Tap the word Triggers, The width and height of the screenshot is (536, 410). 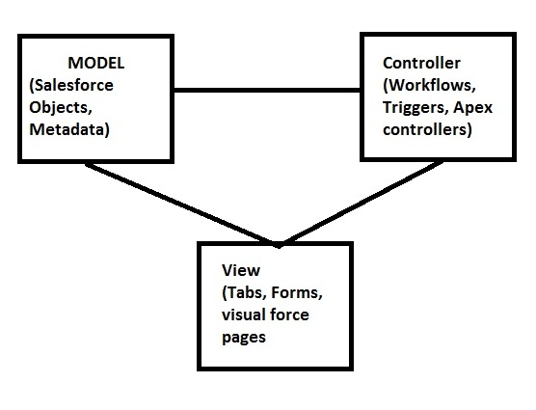tap(411, 108)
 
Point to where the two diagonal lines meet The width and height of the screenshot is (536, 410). tap(278, 243)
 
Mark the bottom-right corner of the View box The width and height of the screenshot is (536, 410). tap(350, 369)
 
